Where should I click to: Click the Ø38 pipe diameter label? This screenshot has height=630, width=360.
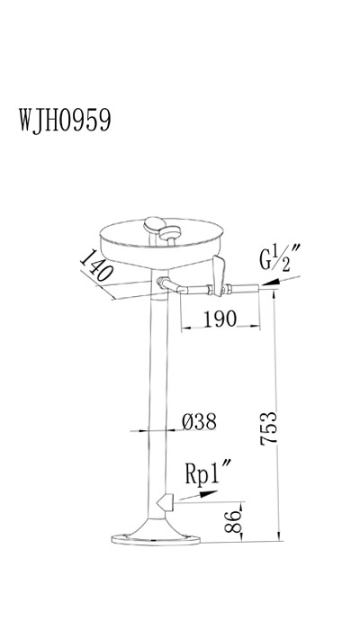[199, 420]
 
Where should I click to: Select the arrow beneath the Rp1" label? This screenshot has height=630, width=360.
[203, 493]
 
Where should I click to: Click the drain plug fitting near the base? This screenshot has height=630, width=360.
[165, 501]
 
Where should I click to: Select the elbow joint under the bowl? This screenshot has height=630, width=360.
[165, 286]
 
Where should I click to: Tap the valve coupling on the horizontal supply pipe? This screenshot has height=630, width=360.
[217, 290]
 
